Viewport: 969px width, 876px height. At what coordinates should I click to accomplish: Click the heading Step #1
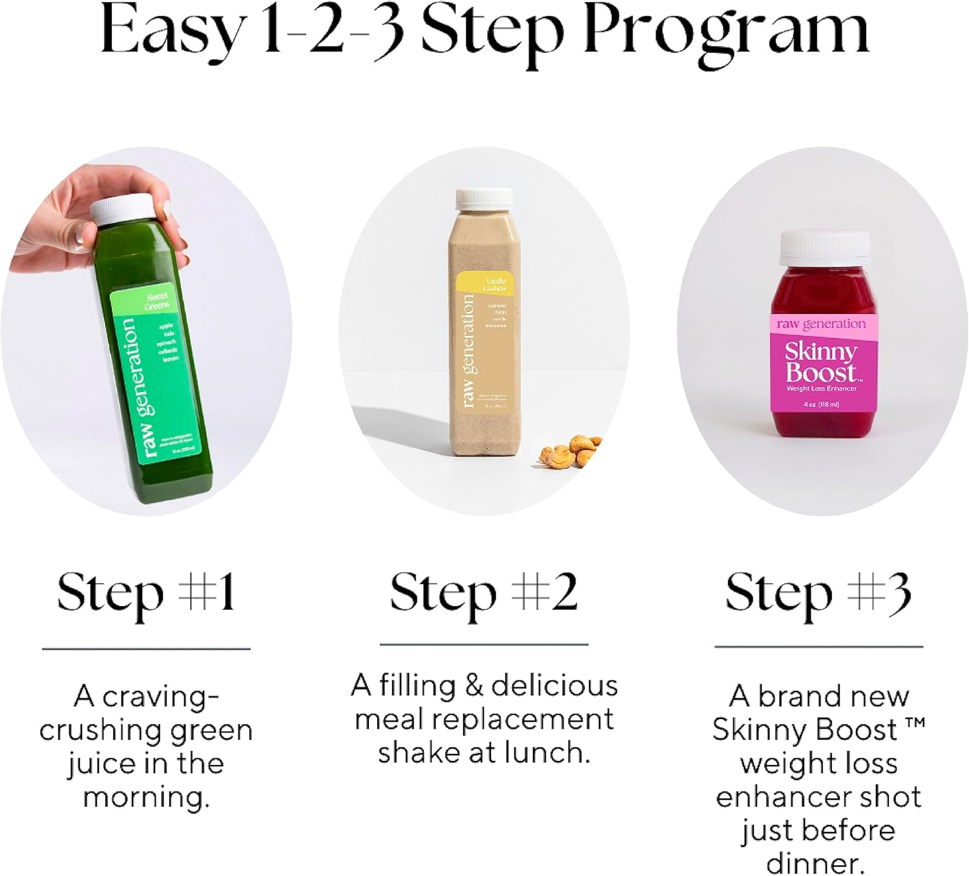coord(146,593)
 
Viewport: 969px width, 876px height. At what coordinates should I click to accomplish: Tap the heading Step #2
coord(483,593)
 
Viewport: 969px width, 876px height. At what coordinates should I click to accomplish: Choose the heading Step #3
coord(818,593)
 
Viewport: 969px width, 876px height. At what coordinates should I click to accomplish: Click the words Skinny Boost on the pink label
coord(820,362)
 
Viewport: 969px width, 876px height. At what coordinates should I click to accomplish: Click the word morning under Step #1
coord(146,797)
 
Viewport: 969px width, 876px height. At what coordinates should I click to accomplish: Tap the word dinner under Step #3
coord(815,862)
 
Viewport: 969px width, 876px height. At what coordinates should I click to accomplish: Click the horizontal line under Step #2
coord(483,644)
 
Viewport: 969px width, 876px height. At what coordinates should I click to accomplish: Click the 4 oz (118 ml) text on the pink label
coord(821,404)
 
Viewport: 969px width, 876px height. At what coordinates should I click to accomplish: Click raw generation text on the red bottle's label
coord(820,324)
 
